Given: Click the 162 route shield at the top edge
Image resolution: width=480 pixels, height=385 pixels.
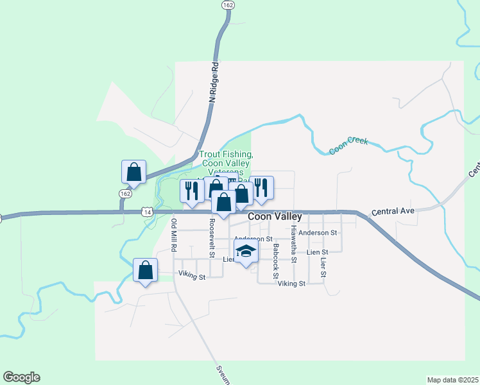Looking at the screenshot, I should coord(228,4).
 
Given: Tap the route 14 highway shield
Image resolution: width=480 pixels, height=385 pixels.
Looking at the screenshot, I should coord(148,210).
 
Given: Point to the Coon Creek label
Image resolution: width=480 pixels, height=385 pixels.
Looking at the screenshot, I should coord(348,145).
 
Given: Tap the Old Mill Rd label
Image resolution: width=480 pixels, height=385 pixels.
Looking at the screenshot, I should coord(174,235).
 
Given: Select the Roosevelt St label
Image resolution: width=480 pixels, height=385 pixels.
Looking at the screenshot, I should coord(212,237).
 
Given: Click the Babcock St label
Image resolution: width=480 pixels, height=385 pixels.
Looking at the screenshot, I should coord(275,261).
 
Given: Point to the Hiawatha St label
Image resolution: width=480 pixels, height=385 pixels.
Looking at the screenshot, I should coord(293,244).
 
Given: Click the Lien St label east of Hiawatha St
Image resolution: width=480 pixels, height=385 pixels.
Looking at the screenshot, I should coord(317,252).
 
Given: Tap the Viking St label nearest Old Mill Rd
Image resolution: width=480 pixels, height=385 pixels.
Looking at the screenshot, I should coord(192,277).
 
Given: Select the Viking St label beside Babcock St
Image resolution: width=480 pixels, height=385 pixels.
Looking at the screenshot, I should coord(291,283).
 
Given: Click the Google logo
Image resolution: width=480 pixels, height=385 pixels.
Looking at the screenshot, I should coord(21,377).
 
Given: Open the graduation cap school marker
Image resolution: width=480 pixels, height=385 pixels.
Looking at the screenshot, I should coord(245,251).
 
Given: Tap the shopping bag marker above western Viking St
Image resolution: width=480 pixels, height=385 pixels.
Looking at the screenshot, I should coord(146,270).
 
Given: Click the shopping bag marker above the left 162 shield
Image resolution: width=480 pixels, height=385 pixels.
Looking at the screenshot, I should coord(133,172).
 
